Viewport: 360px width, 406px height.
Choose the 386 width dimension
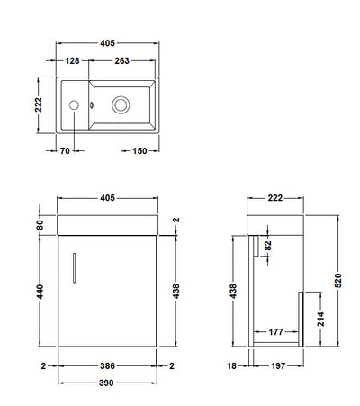108,366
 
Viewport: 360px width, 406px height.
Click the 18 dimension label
231,366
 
